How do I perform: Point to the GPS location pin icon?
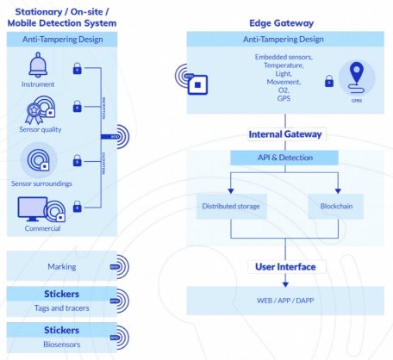[x=355, y=76]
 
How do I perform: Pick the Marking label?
[x=61, y=267]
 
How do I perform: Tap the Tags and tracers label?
[x=61, y=307]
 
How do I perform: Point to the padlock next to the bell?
[x=78, y=68]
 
